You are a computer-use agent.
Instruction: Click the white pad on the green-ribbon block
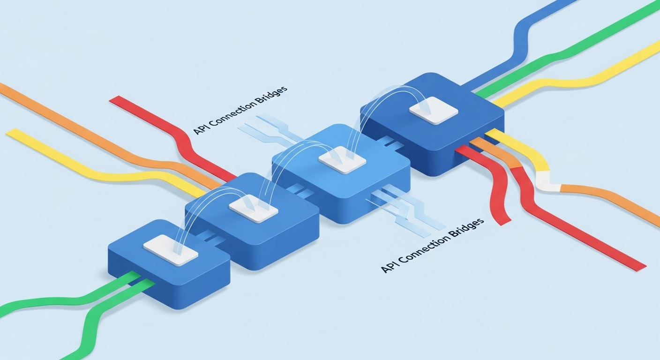pos(170,250)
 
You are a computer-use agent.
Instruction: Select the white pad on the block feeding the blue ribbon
pos(433,110)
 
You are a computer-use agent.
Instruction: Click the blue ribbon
pos(520,42)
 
